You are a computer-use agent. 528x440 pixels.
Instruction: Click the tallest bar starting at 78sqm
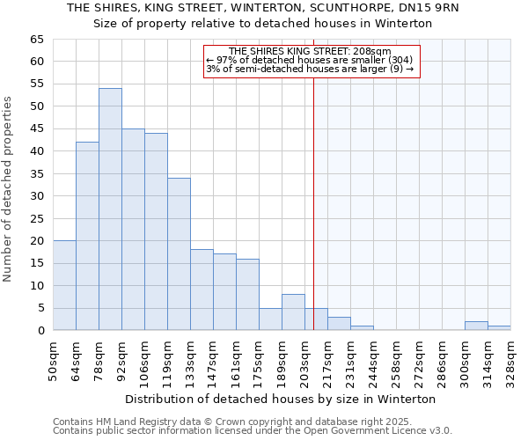[110, 209]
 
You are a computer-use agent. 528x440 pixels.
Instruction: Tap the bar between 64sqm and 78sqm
[87, 236]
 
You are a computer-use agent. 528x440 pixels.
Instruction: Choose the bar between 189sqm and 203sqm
[293, 312]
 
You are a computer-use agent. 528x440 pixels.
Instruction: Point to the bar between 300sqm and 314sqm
[476, 326]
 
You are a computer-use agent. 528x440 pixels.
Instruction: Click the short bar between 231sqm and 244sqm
[362, 327]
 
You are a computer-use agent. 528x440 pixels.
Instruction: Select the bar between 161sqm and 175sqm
[247, 295]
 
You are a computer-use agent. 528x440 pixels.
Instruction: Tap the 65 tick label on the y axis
[36, 40]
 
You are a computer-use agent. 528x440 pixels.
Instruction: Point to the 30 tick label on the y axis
[36, 196]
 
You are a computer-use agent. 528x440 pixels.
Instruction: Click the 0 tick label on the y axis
[40, 331]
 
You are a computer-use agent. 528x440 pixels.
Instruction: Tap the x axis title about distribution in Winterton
[281, 399]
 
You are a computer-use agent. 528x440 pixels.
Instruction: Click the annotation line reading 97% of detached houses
[309, 60]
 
